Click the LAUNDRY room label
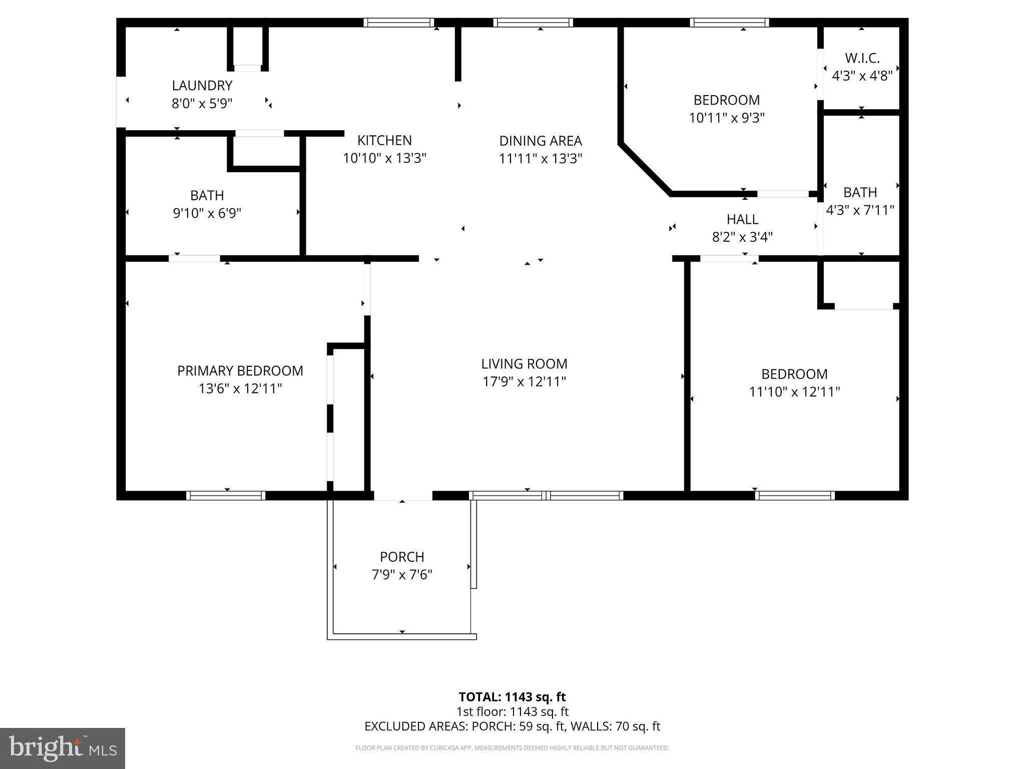coord(202,86)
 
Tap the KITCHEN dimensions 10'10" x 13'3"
coord(384,159)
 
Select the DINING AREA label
coord(541,141)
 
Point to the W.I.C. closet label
coord(862,59)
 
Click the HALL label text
coord(742,219)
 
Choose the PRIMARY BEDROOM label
coord(240,371)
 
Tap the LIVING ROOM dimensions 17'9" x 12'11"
coord(524,382)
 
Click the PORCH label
coord(402,557)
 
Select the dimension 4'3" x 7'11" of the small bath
coord(860,210)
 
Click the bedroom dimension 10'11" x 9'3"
coord(727,118)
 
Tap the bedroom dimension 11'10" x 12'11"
coord(794,392)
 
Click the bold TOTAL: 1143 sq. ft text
coord(512,697)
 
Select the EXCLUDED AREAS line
coord(512,726)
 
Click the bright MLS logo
coord(63,748)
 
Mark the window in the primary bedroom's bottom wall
coord(226,496)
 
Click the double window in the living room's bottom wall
coord(546,496)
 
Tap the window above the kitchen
coord(398,23)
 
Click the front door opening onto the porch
coord(403,496)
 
